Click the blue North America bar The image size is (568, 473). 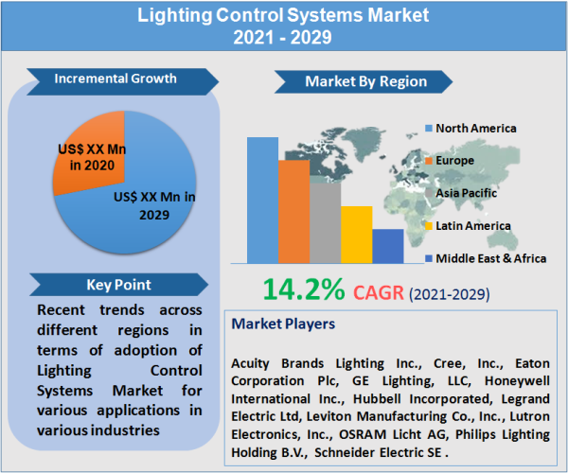tap(262, 200)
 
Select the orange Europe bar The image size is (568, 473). tap(293, 211)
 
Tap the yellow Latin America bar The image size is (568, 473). tap(356, 234)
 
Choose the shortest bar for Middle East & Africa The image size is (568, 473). tap(388, 245)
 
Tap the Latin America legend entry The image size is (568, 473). tap(472, 225)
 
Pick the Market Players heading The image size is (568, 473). tap(283, 324)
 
